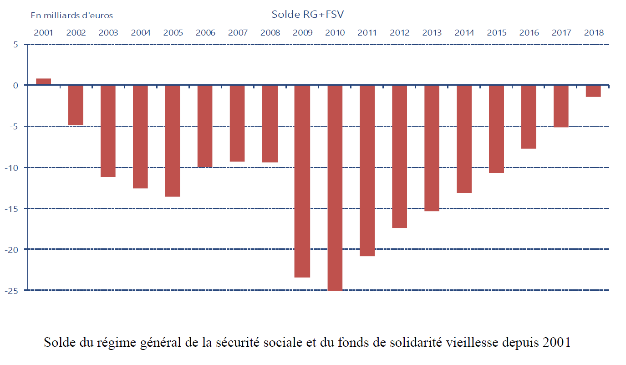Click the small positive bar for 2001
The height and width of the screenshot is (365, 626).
44,82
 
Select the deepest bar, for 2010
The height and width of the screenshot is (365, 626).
335,187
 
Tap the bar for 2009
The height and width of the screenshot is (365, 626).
302,181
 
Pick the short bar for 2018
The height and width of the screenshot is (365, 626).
593,91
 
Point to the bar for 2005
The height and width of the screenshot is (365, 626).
173,141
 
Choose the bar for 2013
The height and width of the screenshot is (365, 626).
432,148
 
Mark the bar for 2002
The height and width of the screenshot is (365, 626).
76,105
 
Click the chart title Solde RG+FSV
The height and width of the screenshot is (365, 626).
308,14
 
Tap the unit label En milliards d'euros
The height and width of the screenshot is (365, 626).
72,15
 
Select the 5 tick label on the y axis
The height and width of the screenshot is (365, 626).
15,45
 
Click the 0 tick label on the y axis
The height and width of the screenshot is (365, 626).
15,85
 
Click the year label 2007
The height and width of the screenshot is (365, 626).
238,33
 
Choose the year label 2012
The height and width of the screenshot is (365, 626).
400,33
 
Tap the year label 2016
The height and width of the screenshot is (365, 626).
529,33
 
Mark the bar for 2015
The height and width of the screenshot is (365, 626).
496,129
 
